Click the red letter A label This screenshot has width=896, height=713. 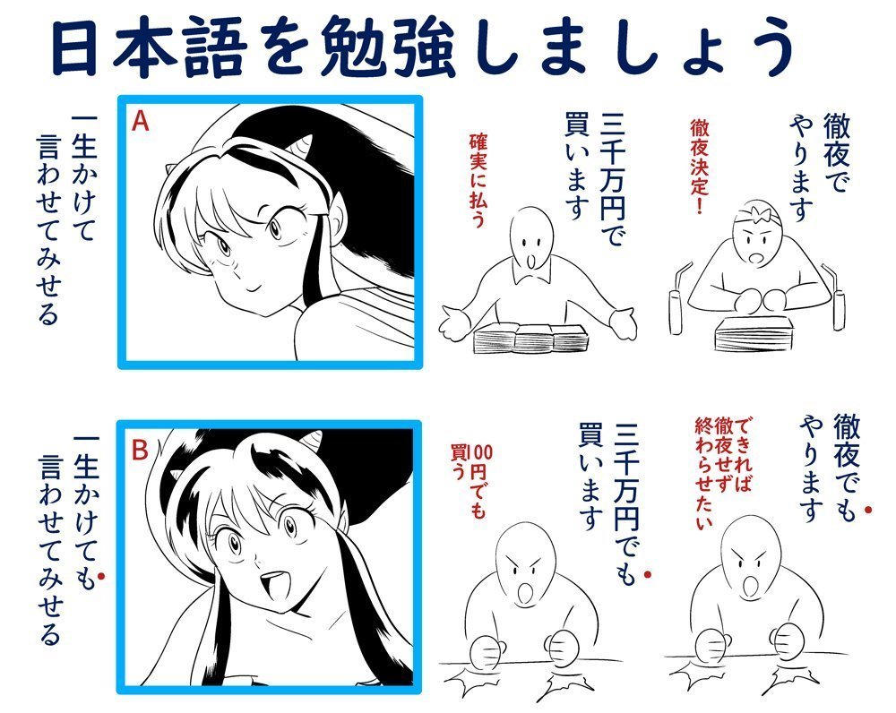pos(140,121)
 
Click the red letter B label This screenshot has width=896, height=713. pos(140,451)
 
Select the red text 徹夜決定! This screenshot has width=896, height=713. pos(700,166)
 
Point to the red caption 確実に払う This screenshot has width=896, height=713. pos(478,180)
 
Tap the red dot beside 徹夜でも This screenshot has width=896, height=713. pos(868,509)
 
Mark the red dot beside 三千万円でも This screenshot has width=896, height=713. pos(648,574)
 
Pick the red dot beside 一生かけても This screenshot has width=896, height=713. pos(101,577)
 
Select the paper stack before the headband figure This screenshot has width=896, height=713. pos(754,331)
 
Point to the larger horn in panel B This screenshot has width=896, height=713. pos(312,440)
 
